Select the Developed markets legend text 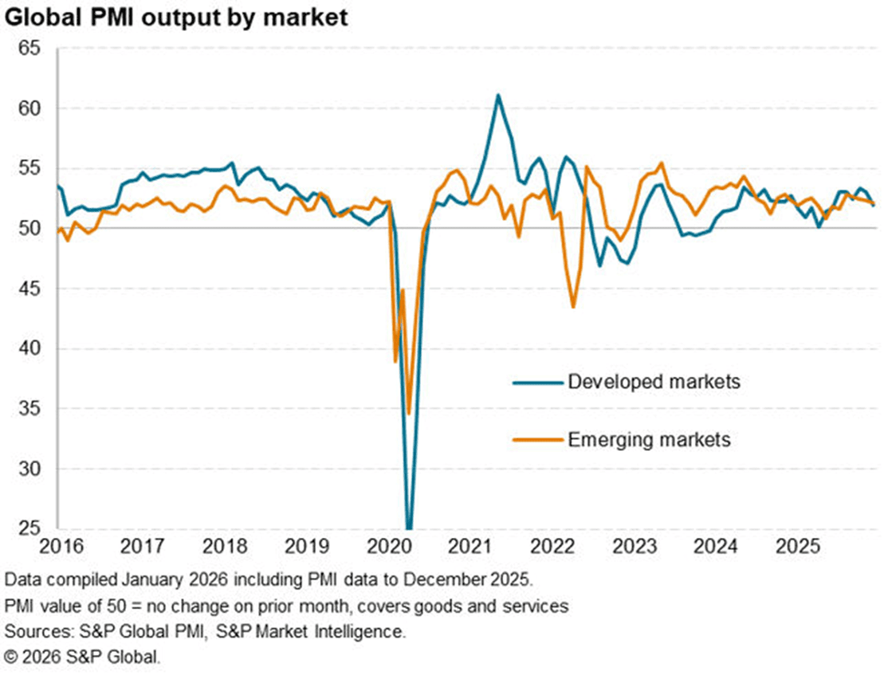pos(654,382)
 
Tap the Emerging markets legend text pos(649,439)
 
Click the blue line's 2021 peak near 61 pos(498,95)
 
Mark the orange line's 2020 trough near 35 pos(409,413)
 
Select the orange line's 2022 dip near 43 pos(573,307)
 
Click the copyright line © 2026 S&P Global pos(82,658)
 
